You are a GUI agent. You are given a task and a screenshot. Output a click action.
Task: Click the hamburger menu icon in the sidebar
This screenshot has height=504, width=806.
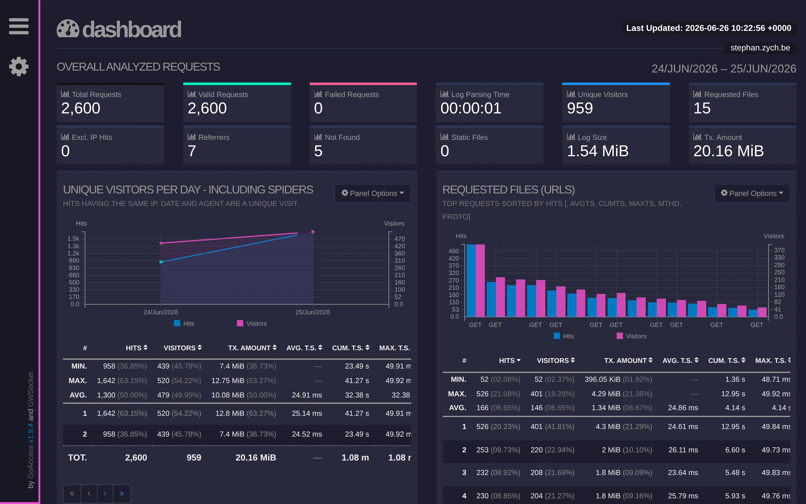(19, 26)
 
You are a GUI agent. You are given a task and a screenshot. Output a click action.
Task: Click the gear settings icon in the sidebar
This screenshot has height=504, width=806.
(19, 66)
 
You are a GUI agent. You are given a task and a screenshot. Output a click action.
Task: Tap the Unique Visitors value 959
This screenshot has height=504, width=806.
(580, 108)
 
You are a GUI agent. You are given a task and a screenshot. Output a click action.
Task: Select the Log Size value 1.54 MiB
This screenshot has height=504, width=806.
(598, 151)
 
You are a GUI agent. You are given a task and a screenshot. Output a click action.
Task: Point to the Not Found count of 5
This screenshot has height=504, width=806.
(318, 151)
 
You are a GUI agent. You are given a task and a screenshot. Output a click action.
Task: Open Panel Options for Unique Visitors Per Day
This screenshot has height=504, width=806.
(372, 193)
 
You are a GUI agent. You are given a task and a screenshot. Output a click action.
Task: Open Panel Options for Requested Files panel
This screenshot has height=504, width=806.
(752, 193)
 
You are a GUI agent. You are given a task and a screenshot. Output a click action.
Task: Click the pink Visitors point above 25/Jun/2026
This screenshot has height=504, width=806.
(313, 232)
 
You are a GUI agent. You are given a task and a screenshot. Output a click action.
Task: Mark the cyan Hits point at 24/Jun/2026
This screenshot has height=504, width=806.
(161, 262)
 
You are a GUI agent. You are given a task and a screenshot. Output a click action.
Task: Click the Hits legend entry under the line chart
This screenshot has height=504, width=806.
(184, 323)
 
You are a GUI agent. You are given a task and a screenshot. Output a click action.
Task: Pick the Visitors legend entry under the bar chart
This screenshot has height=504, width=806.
(632, 336)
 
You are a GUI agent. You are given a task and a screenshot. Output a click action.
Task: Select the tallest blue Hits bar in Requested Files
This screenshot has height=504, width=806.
(471, 280)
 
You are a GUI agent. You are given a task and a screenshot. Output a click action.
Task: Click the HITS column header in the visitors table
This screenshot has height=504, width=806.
(136, 348)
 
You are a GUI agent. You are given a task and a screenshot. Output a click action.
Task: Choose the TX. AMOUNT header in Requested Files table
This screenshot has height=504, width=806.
(628, 361)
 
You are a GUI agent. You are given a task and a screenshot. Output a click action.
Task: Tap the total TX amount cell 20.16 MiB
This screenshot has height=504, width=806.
(255, 458)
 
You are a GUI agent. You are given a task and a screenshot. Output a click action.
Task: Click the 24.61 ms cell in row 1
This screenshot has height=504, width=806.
(683, 427)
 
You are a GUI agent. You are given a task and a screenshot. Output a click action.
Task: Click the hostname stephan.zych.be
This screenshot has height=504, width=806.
(760, 48)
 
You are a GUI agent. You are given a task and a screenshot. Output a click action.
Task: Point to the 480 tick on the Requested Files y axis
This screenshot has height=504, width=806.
(454, 251)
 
